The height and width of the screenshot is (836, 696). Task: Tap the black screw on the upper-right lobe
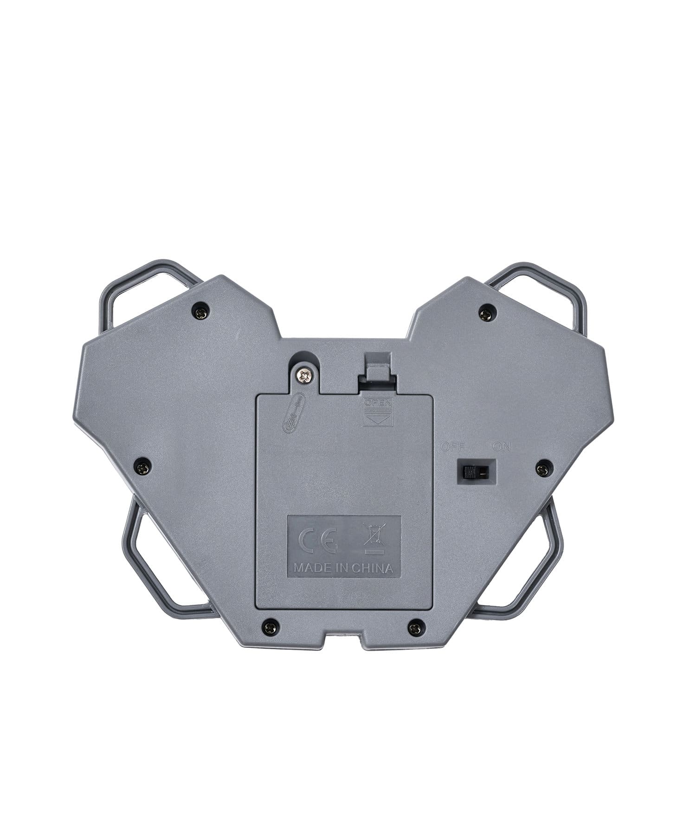coord(486,313)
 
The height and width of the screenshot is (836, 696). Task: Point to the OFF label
coord(452,447)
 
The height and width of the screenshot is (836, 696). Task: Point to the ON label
coord(501,447)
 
